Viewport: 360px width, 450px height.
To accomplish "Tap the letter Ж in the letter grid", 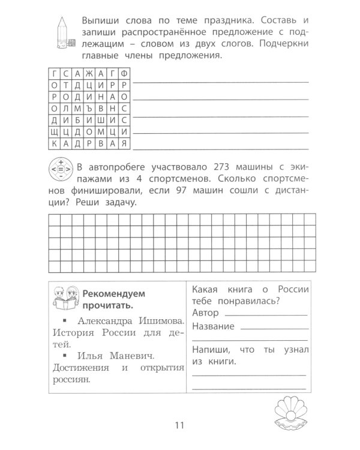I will [88, 73].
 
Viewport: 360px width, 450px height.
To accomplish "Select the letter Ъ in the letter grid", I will [88, 108].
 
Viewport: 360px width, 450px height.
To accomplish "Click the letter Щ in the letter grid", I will [55, 132].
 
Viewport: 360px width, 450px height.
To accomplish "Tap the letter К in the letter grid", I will [55, 144].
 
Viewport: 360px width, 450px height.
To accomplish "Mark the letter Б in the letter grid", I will [77, 120].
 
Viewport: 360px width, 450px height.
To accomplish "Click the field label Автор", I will [207, 313].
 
